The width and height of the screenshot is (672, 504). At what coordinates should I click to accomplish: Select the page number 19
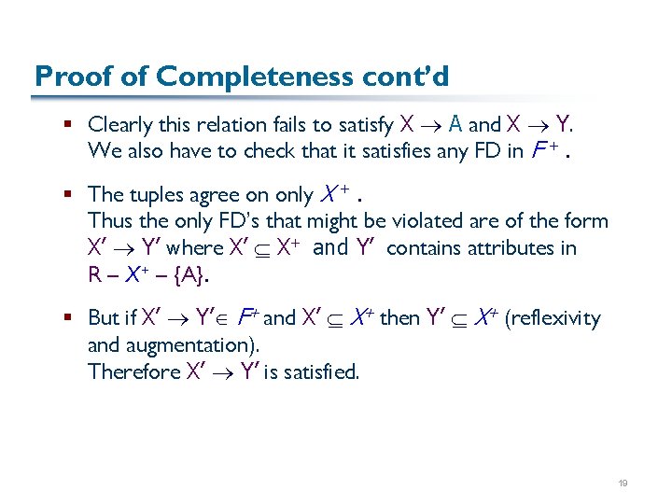tap(623, 483)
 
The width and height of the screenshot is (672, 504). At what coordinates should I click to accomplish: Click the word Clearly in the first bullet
tap(119, 124)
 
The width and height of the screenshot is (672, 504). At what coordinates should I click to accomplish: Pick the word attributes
tap(507, 248)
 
